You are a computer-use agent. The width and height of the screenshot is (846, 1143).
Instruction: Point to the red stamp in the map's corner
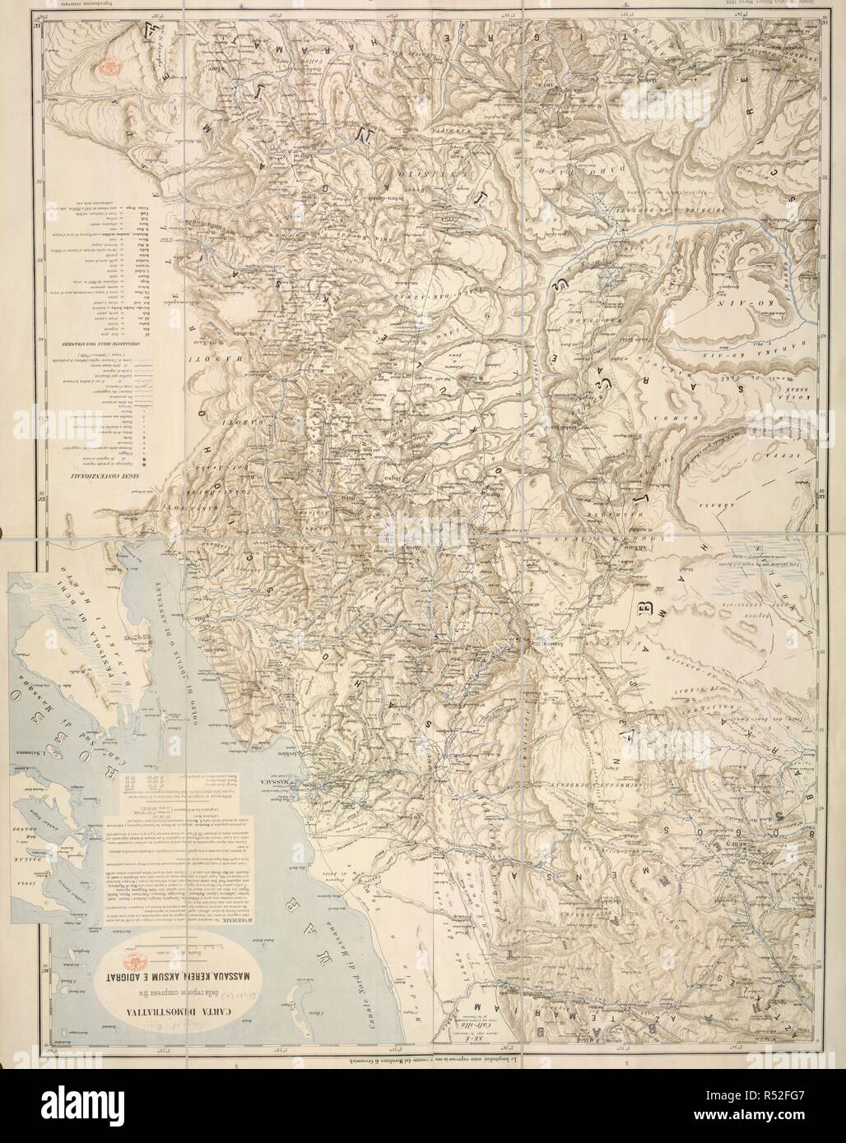tap(108, 60)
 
